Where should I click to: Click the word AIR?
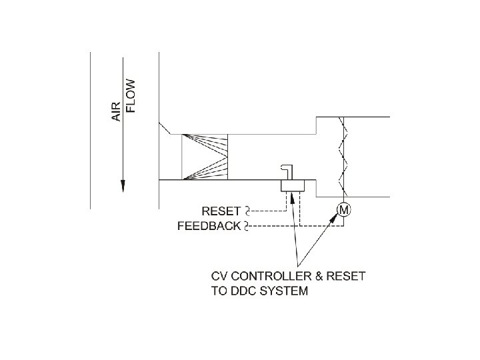pyautogui.click(x=116, y=111)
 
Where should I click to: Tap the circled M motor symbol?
pyautogui.click(x=344, y=210)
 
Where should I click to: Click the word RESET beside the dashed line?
pyautogui.click(x=222, y=211)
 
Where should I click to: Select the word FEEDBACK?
pyautogui.click(x=209, y=226)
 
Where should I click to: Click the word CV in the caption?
pyautogui.click(x=218, y=276)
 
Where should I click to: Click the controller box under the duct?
pyautogui.click(x=292, y=185)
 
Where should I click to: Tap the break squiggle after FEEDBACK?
pyautogui.click(x=247, y=226)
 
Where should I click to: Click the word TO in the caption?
pyautogui.click(x=219, y=291)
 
